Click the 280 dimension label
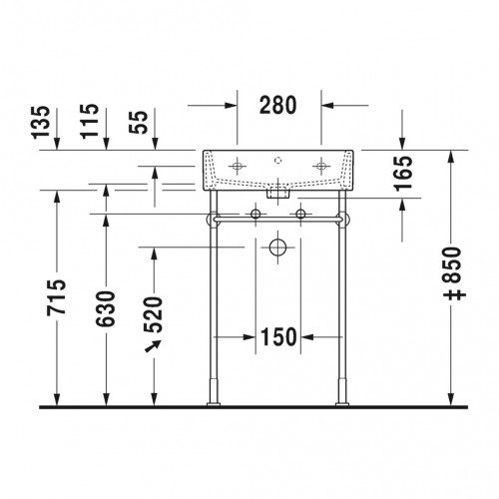coord(277,105)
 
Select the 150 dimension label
coord(278,336)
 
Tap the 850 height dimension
coord(454,272)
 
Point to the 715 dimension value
coord(56,297)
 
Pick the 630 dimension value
coord(105,308)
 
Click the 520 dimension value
coord(154,314)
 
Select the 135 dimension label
coord(41,122)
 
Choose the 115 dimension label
coord(90,121)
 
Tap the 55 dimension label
coord(139,122)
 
